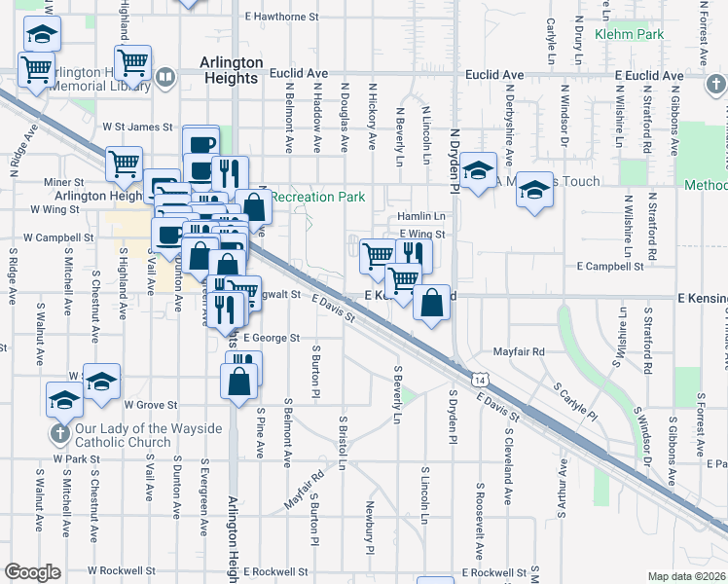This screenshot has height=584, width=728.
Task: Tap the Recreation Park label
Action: (x=317, y=197)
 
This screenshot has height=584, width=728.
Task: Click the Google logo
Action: (x=32, y=572)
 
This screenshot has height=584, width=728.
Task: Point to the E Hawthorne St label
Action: (x=282, y=17)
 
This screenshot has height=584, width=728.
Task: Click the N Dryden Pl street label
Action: (x=454, y=155)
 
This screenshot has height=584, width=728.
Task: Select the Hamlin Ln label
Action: (x=421, y=216)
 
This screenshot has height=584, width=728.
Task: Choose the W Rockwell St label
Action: (x=122, y=570)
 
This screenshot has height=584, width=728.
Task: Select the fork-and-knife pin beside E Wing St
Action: (x=414, y=255)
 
